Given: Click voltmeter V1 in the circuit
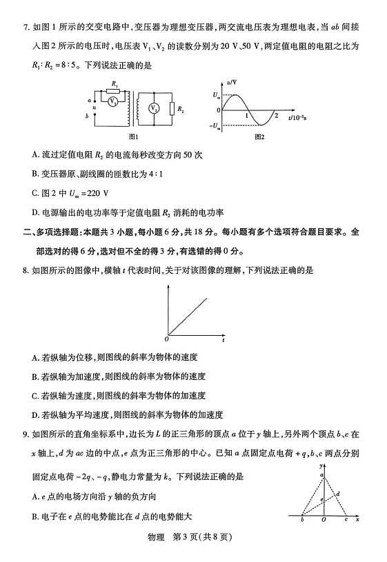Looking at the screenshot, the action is point(112,101).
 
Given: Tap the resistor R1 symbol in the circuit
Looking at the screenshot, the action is point(114,90).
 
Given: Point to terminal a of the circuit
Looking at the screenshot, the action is point(90,100).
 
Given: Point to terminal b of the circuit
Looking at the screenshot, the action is point(90,117).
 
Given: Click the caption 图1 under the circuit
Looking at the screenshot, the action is point(124,137).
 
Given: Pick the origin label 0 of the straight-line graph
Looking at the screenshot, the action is point(166,339).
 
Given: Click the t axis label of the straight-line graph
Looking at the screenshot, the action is point(223,339).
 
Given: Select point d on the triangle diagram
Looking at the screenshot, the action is point(337,493).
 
